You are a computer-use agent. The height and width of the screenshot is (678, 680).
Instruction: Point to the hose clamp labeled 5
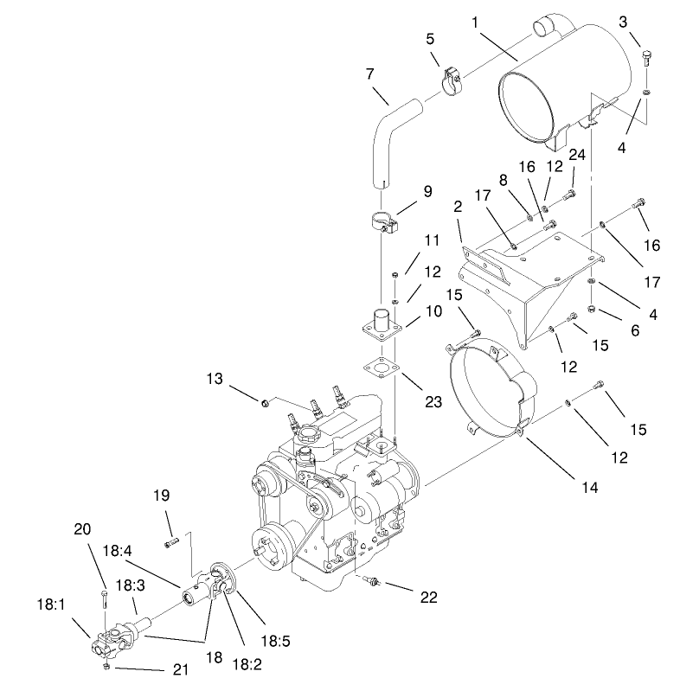[x=450, y=80]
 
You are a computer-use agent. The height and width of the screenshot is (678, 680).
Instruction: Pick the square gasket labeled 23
[x=379, y=367]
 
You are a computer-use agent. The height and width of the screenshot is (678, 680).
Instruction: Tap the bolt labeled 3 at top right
[x=648, y=58]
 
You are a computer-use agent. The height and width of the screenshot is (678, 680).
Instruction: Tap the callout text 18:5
[x=275, y=641]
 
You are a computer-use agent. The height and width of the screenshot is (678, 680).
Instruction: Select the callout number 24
[x=578, y=156]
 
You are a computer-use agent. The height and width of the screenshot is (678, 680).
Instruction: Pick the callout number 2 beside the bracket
[x=457, y=208]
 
